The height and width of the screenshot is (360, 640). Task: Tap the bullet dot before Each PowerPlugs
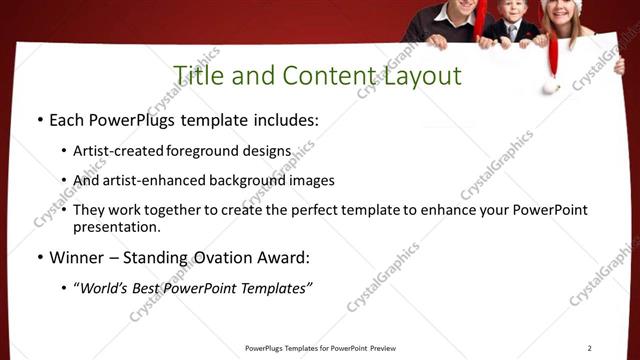[39, 121]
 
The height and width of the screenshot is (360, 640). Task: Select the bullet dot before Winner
[39, 258]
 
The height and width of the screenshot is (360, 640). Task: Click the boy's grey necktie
[510, 32]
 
